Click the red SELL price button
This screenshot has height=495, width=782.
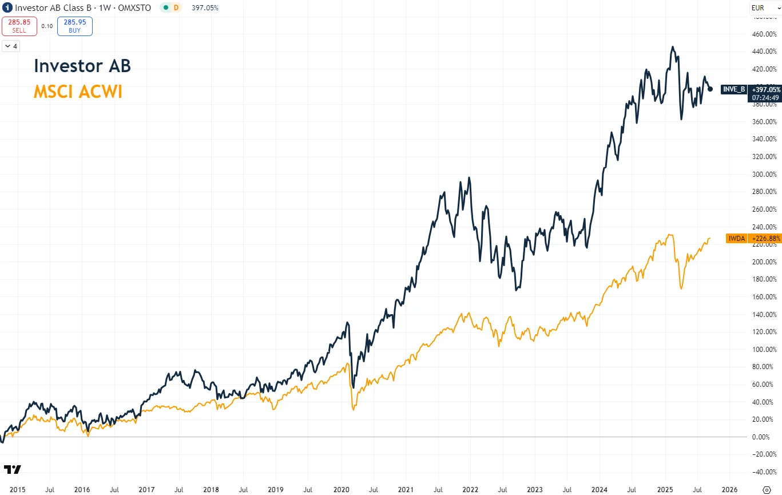(19, 26)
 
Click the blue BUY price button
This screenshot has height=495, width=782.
(75, 26)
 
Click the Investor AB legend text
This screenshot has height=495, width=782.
(82, 66)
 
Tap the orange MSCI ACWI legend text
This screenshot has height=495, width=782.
(78, 92)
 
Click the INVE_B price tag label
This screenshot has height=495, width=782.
(734, 89)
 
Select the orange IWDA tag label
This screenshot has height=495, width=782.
(736, 239)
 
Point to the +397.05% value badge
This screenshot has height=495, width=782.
(765, 89)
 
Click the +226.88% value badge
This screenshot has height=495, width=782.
(765, 239)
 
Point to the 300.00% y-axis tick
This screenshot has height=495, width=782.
(764, 174)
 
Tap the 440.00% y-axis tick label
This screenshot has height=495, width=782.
(764, 52)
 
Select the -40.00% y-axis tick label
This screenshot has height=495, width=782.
(764, 472)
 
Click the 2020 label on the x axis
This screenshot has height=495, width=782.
(341, 490)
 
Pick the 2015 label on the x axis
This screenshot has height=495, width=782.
(17, 490)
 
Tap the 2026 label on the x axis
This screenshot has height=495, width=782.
(729, 490)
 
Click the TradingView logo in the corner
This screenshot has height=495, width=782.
(13, 470)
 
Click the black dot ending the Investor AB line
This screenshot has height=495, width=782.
(710, 89)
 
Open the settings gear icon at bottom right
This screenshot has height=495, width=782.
(767, 490)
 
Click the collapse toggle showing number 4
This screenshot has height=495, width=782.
(11, 46)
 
